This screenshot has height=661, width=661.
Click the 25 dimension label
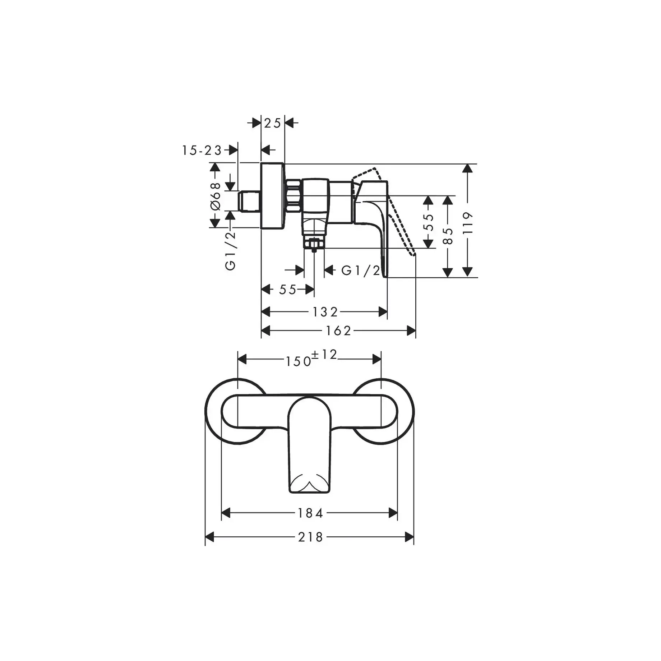(x=272, y=124)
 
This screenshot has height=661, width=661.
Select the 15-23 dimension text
(x=202, y=151)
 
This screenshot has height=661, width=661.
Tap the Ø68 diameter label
(x=215, y=196)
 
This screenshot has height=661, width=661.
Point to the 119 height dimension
(x=467, y=223)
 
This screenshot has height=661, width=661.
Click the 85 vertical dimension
(x=448, y=236)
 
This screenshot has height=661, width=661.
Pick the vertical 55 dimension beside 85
(x=428, y=222)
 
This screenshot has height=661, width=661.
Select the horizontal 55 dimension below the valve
(x=287, y=290)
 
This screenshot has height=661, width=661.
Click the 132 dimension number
(x=325, y=312)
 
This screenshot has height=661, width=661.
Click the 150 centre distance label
(x=298, y=361)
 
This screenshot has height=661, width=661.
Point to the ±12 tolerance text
(x=324, y=355)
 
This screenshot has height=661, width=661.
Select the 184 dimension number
(x=310, y=513)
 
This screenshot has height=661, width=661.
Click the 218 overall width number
(x=310, y=537)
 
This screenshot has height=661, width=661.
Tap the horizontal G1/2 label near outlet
(x=360, y=271)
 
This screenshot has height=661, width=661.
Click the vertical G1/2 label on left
(x=230, y=251)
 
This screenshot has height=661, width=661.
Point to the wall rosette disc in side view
(x=272, y=196)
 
